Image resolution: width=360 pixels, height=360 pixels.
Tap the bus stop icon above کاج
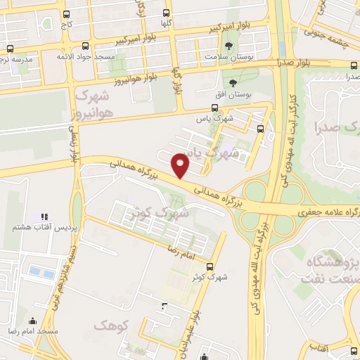[66, 14]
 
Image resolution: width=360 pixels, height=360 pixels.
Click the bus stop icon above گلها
[167, 13]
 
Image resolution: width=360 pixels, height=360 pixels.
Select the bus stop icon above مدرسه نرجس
[10, 49]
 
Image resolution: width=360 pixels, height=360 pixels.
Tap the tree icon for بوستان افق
[233, 83]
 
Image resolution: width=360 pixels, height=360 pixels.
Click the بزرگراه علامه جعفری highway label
[323, 211]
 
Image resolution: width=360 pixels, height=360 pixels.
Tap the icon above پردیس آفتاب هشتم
[44, 217]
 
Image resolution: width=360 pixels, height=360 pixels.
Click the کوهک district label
[108, 325]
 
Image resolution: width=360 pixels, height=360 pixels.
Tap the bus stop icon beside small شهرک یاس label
[261, 129]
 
